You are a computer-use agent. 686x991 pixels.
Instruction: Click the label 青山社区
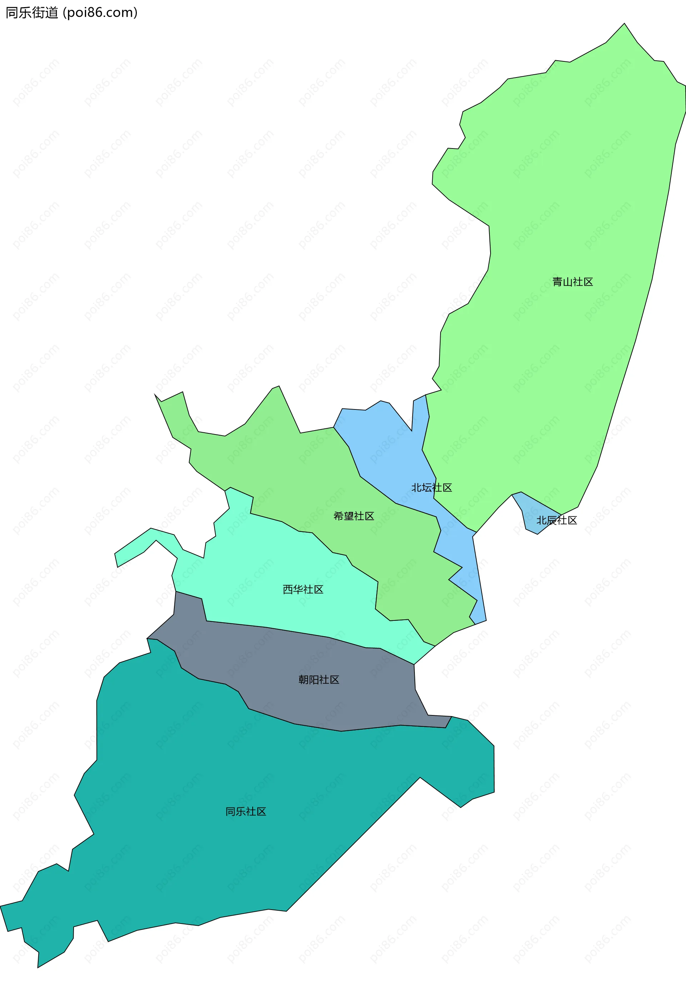572,282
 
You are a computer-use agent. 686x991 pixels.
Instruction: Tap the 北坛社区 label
432,488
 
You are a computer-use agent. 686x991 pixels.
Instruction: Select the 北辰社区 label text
557,520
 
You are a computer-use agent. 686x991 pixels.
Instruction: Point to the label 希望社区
354,516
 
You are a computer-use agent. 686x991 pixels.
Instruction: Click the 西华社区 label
303,589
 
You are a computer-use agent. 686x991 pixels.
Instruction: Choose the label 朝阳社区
319,680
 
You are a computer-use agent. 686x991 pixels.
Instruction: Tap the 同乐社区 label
246,811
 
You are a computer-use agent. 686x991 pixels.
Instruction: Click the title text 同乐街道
32,13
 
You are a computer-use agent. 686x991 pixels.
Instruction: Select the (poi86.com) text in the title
100,13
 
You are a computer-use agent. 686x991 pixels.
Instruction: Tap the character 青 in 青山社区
557,282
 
